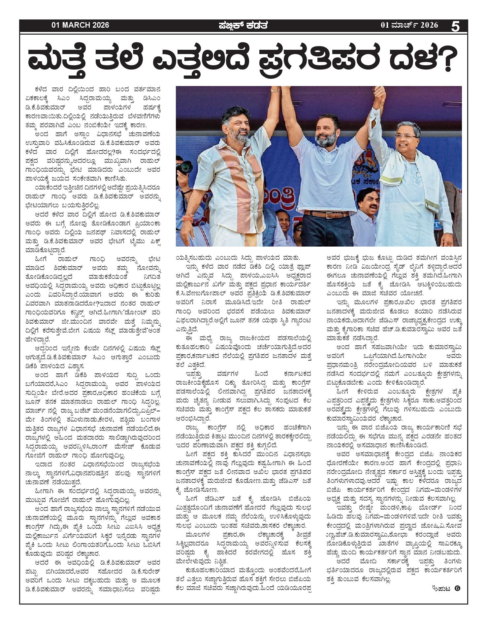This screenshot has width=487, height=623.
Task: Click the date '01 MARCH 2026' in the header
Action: click(80, 25)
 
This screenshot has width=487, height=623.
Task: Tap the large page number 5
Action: click(455, 26)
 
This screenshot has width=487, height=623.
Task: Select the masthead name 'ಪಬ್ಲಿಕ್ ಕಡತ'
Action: click(243, 25)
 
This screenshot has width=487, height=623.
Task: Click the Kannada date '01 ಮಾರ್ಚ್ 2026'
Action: click(409, 25)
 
